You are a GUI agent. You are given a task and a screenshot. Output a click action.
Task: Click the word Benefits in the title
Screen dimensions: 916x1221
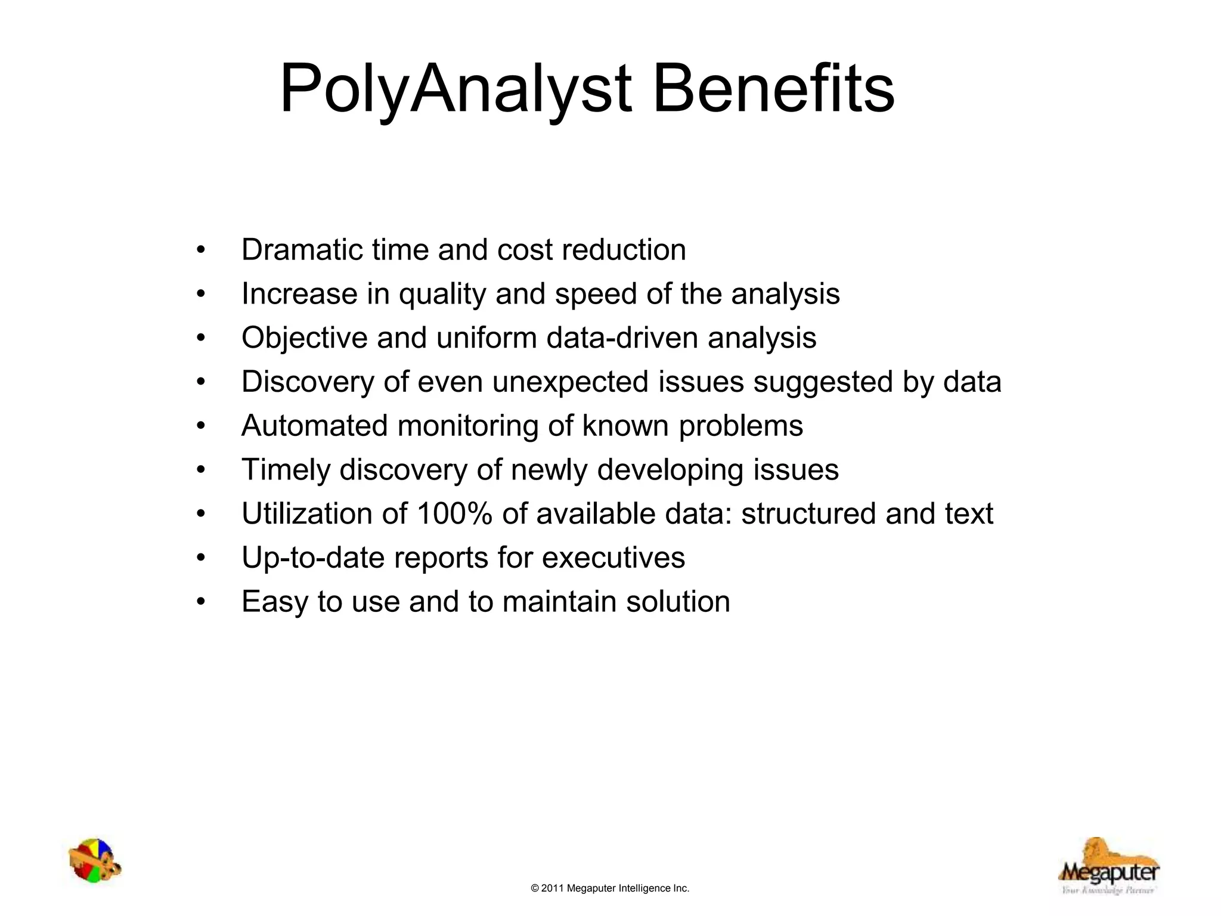pyautogui.click(x=773, y=89)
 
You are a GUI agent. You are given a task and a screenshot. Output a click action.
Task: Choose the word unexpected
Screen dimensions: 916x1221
pyautogui.click(x=570, y=382)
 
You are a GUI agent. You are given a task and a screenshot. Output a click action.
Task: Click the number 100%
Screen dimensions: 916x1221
pyautogui.click(x=454, y=513)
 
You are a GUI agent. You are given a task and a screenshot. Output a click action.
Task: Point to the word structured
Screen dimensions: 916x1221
pyautogui.click(x=808, y=513)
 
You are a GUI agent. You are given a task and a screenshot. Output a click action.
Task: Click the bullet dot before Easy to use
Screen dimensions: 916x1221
pyautogui.click(x=201, y=602)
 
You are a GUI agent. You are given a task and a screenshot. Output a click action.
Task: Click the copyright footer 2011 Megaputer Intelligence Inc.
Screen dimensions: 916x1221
pyautogui.click(x=610, y=889)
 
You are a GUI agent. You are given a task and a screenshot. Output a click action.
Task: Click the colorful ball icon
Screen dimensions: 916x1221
pyautogui.click(x=94, y=861)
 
